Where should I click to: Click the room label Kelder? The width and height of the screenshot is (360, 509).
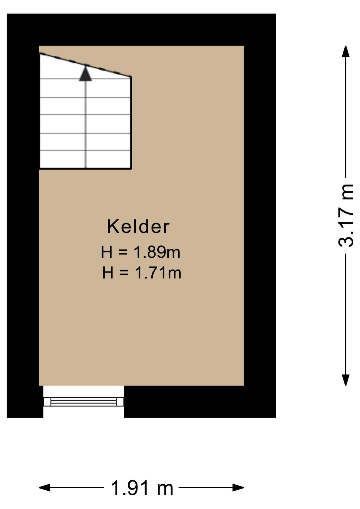(x=138, y=226)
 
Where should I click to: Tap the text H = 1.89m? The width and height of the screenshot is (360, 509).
(x=140, y=252)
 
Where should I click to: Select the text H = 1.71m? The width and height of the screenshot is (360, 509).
(x=141, y=273)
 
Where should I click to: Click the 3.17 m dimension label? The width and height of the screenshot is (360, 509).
(x=346, y=215)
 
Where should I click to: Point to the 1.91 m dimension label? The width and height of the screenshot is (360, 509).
(x=142, y=488)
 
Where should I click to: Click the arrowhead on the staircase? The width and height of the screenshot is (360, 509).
(x=85, y=74)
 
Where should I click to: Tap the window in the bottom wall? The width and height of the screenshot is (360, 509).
(x=83, y=402)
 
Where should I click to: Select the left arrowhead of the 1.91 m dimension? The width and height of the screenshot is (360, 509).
(x=45, y=488)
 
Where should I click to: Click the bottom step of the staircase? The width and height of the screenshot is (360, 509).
(x=85, y=159)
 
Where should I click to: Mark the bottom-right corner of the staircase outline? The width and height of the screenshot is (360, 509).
(x=131, y=168)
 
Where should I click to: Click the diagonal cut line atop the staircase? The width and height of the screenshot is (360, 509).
(x=85, y=65)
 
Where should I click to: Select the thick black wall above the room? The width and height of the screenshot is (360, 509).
(x=141, y=29)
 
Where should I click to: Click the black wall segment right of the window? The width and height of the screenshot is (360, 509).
(x=200, y=402)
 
